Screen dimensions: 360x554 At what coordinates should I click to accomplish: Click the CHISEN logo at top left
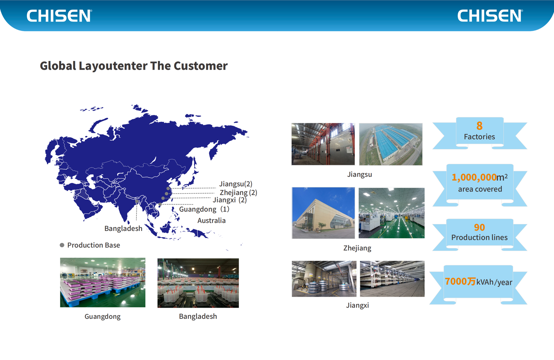coord(59,16)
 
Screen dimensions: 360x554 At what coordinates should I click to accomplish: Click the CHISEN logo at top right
coord(490,16)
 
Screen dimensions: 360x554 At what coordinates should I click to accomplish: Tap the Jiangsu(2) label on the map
coord(235,184)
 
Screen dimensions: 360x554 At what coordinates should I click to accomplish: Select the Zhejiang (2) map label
coord(238,192)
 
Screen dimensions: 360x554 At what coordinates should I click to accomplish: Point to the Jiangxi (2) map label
coord(230,200)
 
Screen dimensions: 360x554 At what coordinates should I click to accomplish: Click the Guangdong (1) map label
coord(204,209)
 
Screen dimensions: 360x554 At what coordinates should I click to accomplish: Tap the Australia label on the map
coord(211,220)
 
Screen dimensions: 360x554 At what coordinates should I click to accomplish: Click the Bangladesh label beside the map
coord(123,228)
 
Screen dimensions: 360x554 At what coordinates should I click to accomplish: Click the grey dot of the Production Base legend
coord(62,245)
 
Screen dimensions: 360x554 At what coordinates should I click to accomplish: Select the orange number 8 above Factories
coord(479,126)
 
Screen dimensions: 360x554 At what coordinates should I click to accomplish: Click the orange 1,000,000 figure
coord(474,177)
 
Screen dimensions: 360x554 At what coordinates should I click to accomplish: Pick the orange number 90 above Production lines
coord(479,227)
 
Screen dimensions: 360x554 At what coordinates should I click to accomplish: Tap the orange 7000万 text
coord(460,281)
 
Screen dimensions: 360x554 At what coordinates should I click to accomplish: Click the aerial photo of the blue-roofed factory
coord(391,144)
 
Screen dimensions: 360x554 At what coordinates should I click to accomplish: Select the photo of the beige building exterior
coord(323,213)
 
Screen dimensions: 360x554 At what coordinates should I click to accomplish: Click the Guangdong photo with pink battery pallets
coord(102,282)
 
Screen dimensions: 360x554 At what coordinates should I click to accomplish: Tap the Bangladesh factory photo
coord(198,283)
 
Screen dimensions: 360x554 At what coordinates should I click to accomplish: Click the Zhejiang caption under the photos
coord(357,248)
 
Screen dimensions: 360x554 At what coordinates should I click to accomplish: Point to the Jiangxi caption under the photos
coord(357,305)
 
